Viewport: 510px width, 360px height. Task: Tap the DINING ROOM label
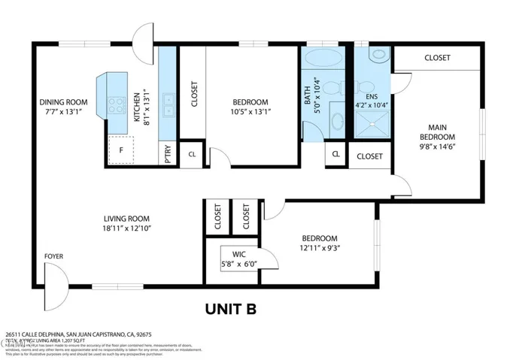pyautogui.click(x=64, y=102)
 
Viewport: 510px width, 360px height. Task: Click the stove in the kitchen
pyautogui.click(x=117, y=105)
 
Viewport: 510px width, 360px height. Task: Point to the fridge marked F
pyautogui.click(x=120, y=150)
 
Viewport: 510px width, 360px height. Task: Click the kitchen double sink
pyautogui.click(x=169, y=106)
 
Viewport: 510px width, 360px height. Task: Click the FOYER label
pyautogui.click(x=53, y=256)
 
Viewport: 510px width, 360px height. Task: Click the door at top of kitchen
pyautogui.click(x=144, y=35)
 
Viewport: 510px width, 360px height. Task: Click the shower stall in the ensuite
pyautogui.click(x=372, y=124)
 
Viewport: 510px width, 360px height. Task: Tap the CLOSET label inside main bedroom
pyautogui.click(x=437, y=58)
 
